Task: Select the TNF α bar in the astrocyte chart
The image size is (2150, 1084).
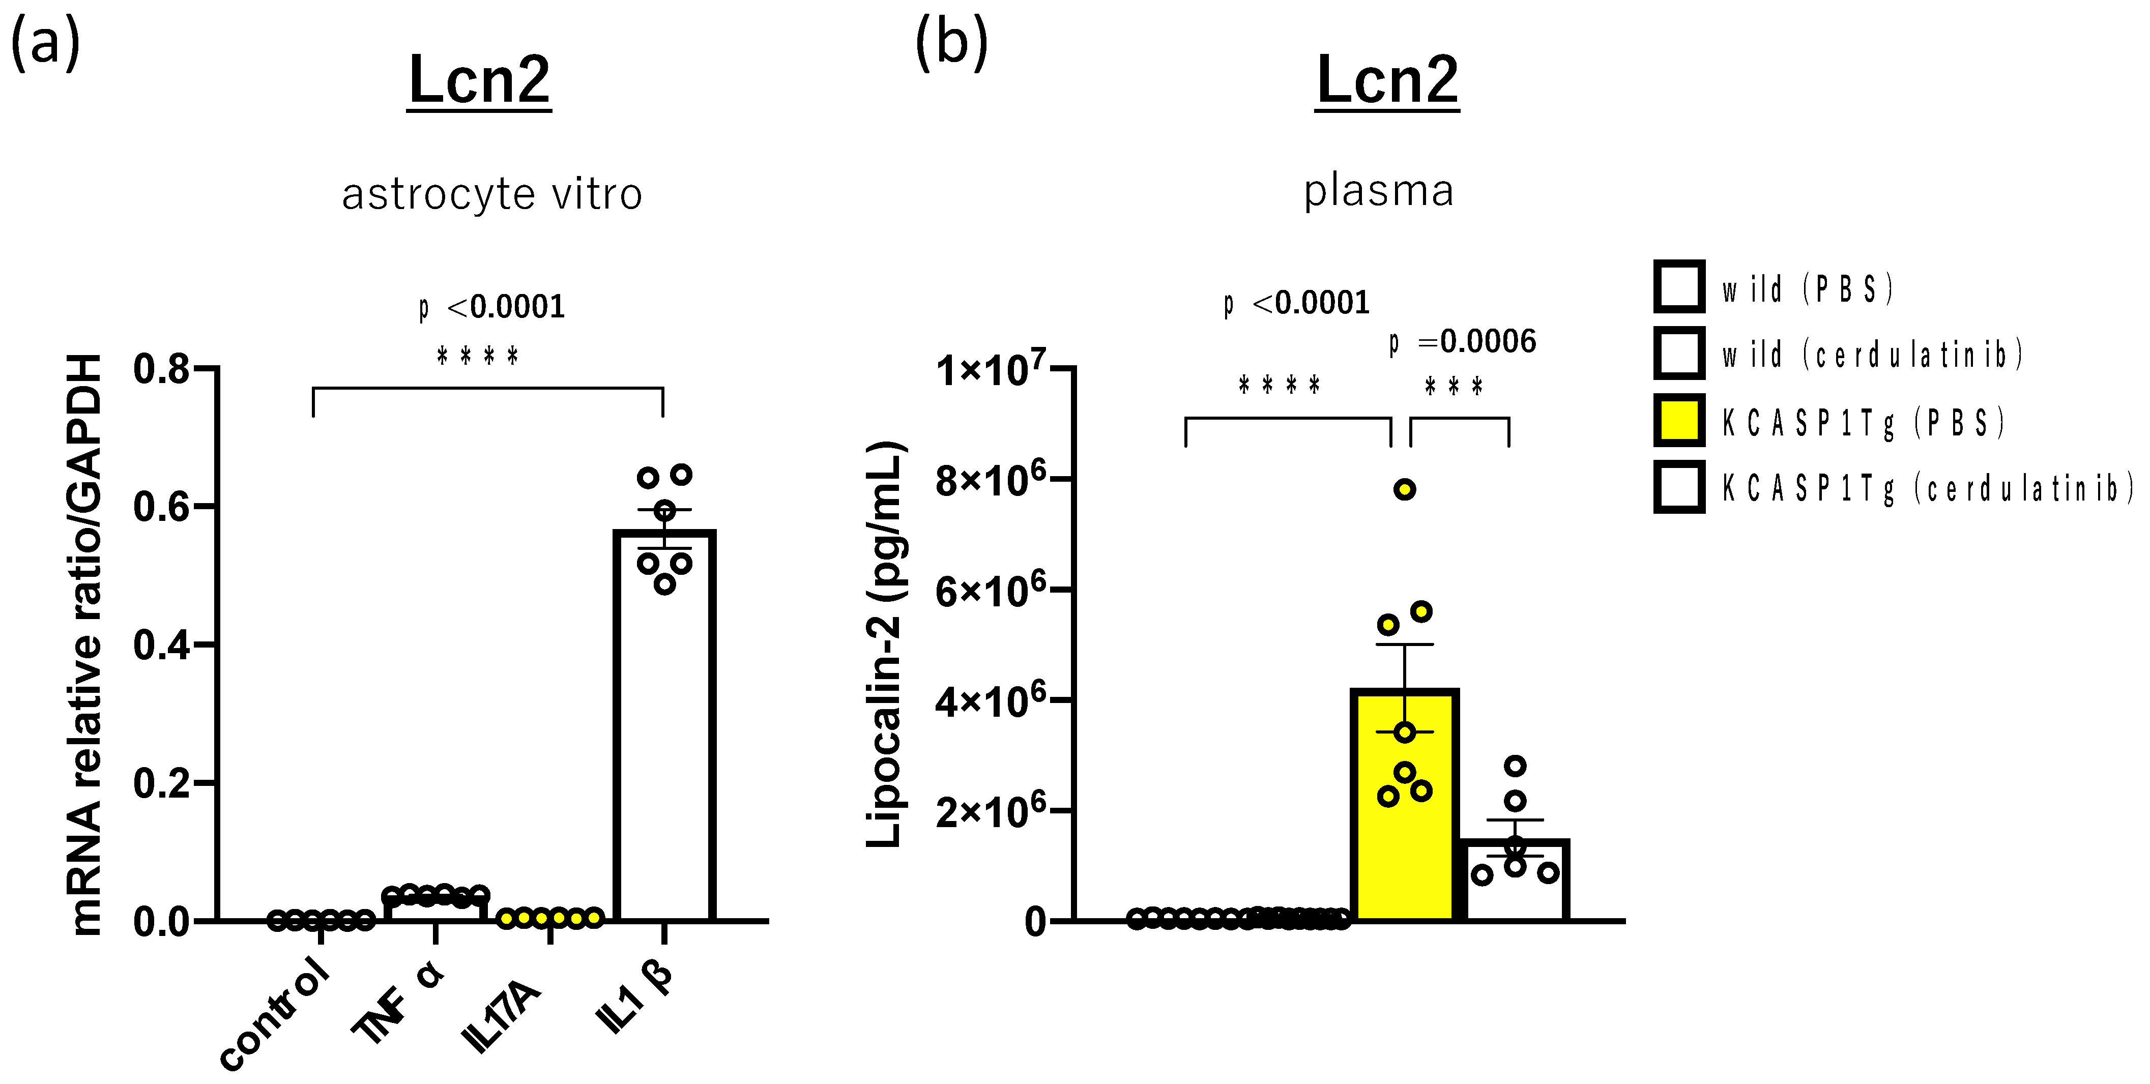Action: coord(435,908)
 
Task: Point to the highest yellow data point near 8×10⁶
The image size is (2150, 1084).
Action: coord(1405,490)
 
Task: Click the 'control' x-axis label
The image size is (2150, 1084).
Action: coord(274,1013)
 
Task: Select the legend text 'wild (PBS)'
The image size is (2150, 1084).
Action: coord(1808,289)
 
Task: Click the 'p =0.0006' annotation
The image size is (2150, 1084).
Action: coord(1462,341)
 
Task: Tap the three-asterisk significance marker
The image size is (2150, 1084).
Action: coord(1454,387)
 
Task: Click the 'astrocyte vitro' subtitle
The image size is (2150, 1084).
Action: coord(492,194)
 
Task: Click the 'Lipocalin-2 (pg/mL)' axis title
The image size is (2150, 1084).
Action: coord(885,644)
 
